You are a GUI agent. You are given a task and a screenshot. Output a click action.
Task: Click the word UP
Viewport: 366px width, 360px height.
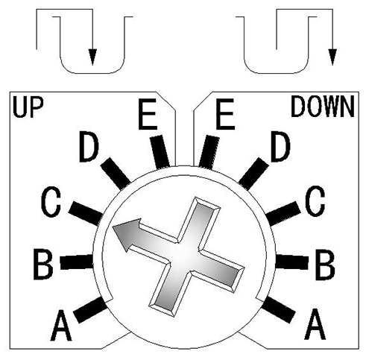(x=28, y=107)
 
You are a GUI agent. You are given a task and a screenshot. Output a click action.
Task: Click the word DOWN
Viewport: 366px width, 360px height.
(x=323, y=107)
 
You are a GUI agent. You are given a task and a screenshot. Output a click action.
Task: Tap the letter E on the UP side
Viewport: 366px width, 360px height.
(x=148, y=114)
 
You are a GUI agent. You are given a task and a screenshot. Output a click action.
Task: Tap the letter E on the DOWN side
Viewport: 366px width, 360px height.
(x=225, y=114)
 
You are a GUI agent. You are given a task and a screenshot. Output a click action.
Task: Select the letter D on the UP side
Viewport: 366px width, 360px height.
(x=89, y=147)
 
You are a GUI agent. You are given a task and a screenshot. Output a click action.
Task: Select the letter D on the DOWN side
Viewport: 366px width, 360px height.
(x=280, y=147)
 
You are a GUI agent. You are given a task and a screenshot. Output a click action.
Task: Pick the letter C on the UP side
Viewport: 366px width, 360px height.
(x=51, y=201)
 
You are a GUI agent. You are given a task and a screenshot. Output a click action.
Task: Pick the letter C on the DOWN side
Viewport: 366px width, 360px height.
(x=315, y=201)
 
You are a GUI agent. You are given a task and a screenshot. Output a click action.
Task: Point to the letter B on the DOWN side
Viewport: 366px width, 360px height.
(x=325, y=265)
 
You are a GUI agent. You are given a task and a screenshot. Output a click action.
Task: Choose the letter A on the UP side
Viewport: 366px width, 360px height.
(x=61, y=325)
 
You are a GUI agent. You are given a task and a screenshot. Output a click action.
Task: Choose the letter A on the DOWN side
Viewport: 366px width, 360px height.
(x=315, y=324)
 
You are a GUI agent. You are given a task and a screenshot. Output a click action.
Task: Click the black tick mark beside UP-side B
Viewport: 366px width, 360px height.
(x=77, y=262)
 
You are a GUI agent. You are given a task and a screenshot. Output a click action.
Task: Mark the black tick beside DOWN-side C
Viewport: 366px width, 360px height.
(x=283, y=213)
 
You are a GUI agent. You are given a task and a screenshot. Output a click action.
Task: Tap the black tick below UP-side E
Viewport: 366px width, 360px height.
(x=160, y=152)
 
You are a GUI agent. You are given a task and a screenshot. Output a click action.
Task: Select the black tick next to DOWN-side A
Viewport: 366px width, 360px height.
(x=279, y=309)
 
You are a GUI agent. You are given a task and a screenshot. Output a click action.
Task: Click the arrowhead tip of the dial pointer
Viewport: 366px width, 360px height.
(x=113, y=227)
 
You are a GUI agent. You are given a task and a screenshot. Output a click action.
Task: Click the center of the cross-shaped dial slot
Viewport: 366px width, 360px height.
(x=184, y=256)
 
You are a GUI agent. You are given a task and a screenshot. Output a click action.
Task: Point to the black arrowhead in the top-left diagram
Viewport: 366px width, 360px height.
(x=92, y=57)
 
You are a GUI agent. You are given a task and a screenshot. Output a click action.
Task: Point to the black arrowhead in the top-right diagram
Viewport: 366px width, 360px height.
(x=332, y=57)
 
